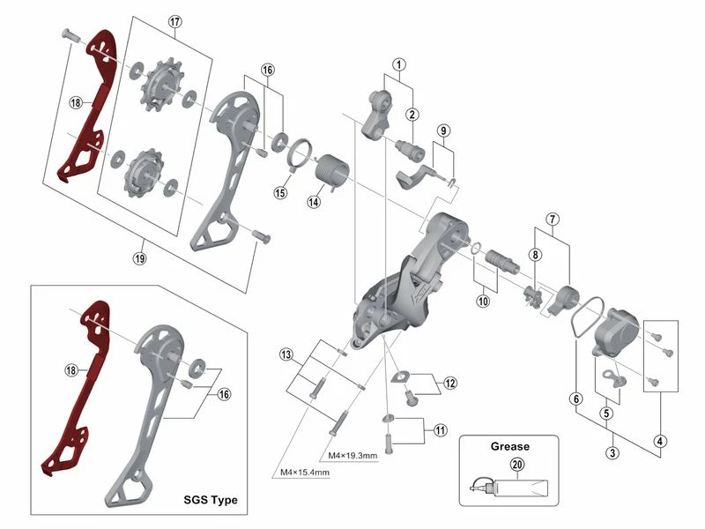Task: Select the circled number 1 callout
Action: [399, 64]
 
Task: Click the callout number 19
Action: [140, 258]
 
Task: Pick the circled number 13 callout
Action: [286, 354]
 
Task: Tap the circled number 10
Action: [483, 302]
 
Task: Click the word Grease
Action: [510, 447]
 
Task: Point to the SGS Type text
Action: [211, 500]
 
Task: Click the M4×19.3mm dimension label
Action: [352, 456]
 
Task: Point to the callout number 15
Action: [281, 192]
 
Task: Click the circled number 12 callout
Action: [450, 384]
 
